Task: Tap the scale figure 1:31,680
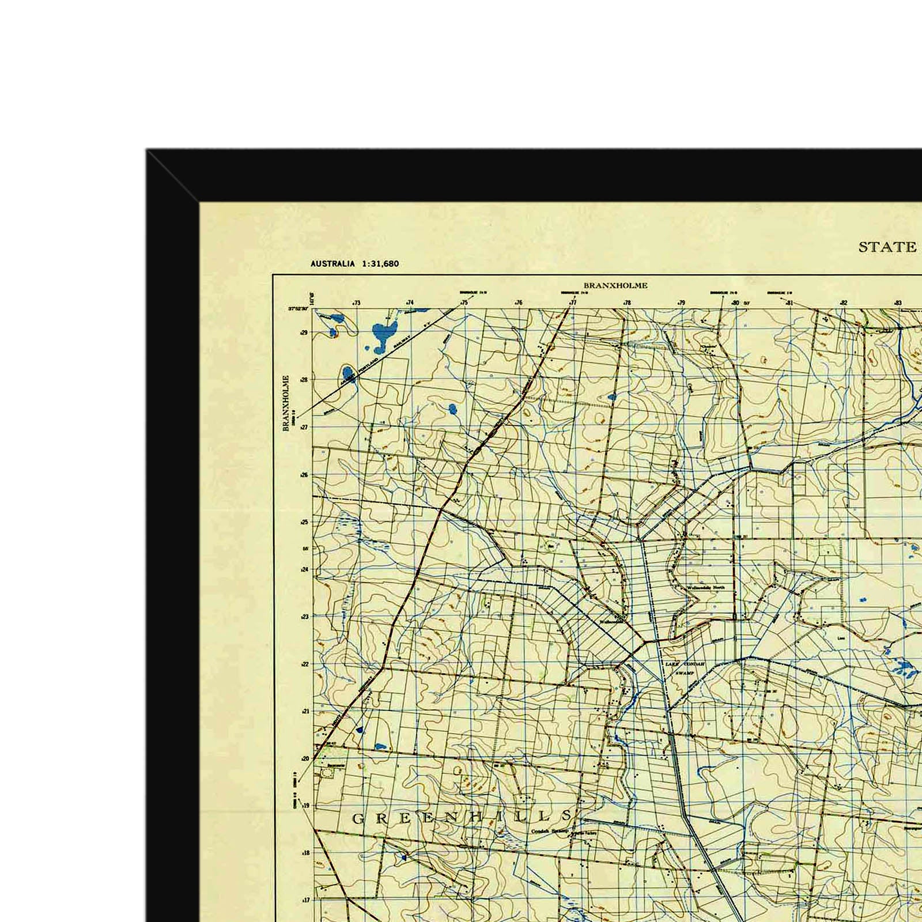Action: (380, 264)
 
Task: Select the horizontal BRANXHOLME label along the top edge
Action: (615, 285)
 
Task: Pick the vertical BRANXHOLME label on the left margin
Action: (285, 403)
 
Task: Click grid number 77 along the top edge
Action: (573, 303)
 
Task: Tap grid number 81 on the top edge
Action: (789, 303)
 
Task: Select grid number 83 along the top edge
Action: (898, 303)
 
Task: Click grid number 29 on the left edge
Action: (304, 332)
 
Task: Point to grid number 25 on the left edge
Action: (304, 522)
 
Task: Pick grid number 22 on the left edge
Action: (304, 664)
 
